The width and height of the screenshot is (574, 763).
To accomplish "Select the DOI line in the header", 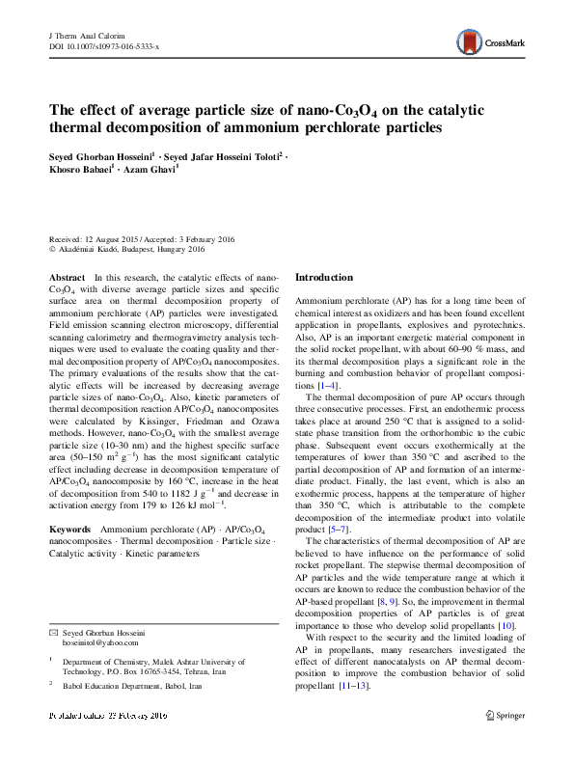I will (x=103, y=45).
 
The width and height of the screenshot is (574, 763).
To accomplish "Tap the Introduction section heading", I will (x=323, y=277).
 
